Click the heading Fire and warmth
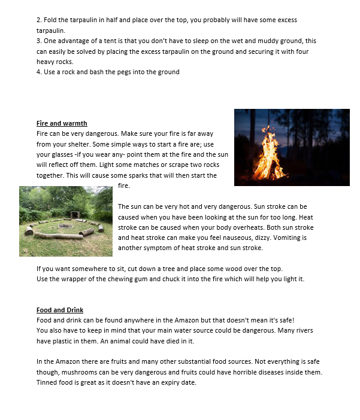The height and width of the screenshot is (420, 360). click(62, 124)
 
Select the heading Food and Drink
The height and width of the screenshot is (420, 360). click(60, 310)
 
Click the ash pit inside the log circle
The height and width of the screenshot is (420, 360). click(65, 226)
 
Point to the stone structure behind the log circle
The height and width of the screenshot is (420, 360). click(74, 215)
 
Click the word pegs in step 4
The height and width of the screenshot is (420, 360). click(128, 72)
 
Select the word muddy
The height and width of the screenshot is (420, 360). click(244, 41)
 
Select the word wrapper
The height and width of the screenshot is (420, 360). click(73, 279)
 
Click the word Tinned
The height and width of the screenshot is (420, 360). click(47, 383)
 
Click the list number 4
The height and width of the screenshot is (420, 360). click(38, 72)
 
